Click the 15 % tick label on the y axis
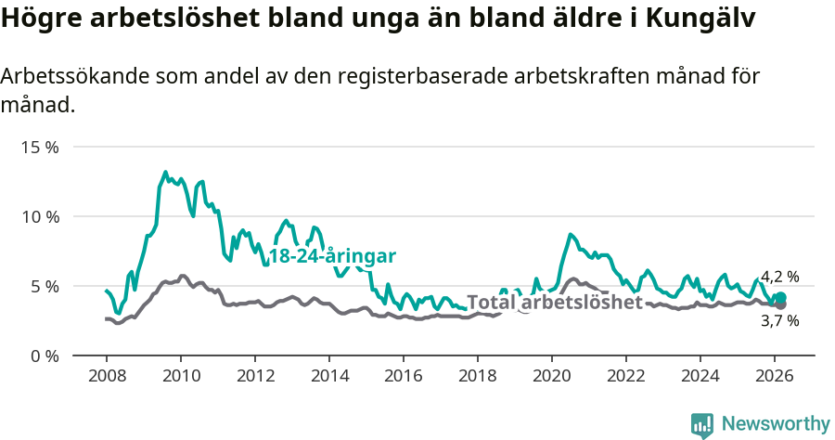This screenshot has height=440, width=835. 40,148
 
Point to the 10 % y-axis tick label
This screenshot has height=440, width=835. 40,216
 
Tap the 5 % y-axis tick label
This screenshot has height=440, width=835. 45,286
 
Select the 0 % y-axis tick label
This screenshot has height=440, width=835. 45,356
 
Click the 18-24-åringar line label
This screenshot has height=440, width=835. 332,256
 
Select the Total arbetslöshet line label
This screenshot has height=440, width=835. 555,303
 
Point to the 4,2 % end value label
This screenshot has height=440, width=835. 779,277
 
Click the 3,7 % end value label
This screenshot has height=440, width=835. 779,321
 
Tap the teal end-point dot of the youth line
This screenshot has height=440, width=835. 780,298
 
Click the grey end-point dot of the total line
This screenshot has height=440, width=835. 780,304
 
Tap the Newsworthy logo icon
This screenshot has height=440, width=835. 702,425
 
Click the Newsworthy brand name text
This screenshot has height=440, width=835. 776,424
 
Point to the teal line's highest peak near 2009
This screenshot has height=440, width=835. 165,173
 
